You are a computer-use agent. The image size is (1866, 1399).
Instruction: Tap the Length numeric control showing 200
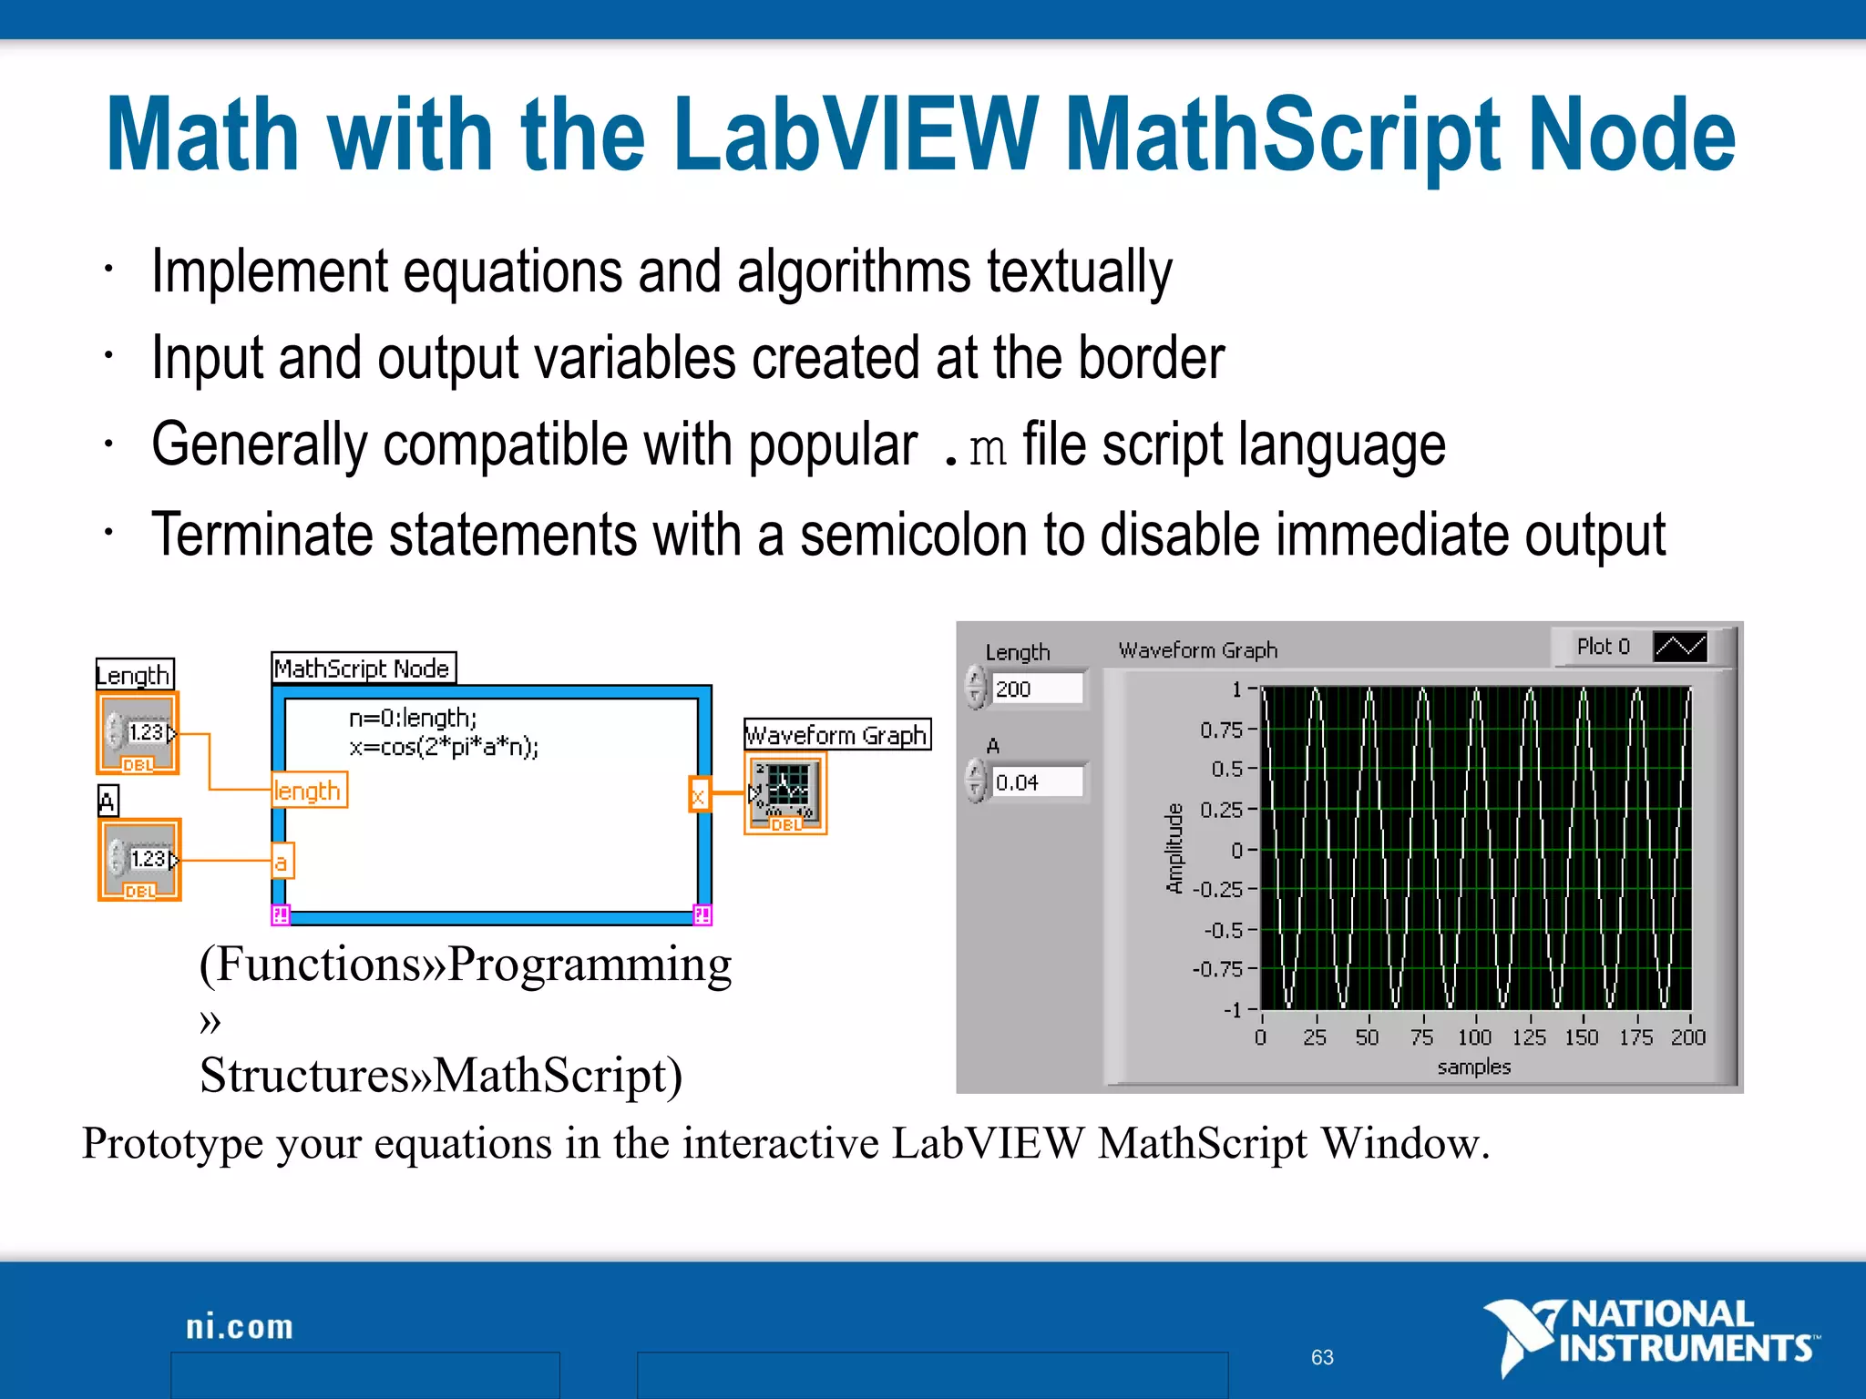[x=1037, y=689]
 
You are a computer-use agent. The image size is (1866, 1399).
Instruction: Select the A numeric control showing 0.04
[x=1037, y=782]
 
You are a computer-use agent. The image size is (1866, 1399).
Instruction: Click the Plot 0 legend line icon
[x=1679, y=647]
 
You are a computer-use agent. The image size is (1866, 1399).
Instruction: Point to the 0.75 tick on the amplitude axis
[x=1221, y=730]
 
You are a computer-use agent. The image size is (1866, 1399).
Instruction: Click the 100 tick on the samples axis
[x=1474, y=1037]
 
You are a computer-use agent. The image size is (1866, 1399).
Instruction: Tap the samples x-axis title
[x=1473, y=1067]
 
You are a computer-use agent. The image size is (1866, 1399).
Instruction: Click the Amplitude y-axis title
[x=1174, y=848]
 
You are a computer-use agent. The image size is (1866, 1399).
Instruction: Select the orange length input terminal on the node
[x=308, y=791]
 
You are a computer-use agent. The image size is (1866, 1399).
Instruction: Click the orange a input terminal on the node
[x=282, y=862]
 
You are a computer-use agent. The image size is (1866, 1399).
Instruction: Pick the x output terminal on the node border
[x=698, y=794]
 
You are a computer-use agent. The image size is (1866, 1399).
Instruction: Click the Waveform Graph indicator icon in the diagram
[x=785, y=792]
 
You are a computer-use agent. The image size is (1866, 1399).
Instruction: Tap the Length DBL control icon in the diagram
[x=138, y=733]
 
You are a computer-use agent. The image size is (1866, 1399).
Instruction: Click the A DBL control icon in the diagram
[x=140, y=860]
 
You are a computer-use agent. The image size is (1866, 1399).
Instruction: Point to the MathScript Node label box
[x=363, y=669]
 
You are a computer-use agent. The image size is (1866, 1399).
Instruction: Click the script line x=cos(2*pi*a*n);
[x=444, y=748]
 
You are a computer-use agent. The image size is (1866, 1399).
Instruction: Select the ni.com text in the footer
[x=240, y=1327]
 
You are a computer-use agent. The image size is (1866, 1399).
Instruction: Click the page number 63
[x=1322, y=1357]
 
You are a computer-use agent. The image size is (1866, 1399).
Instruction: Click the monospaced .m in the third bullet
[x=976, y=448]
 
